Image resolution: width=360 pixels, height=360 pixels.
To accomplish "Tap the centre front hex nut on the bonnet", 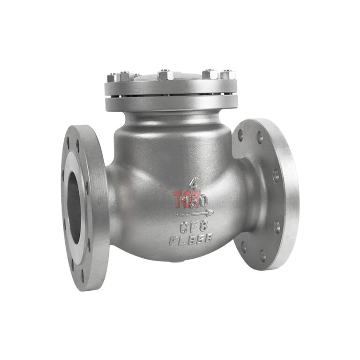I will [x=165, y=75].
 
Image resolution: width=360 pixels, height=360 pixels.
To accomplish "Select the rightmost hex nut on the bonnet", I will [x=227, y=74].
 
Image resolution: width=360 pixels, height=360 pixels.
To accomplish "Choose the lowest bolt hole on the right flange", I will [x=262, y=256].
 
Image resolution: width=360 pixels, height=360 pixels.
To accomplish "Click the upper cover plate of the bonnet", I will [x=171, y=87].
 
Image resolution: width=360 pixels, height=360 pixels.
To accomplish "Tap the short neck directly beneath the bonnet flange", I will [x=171, y=117].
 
